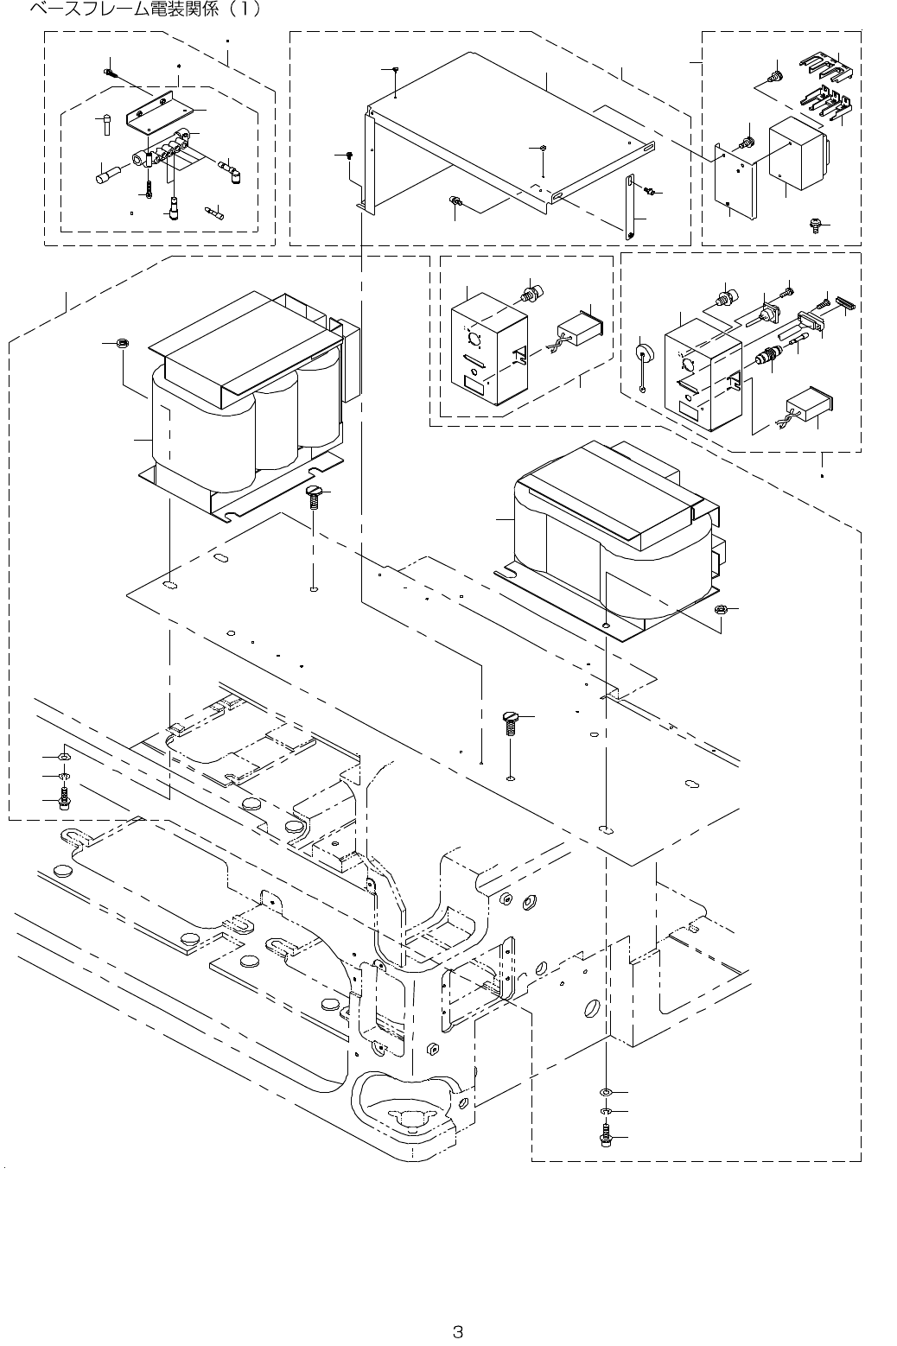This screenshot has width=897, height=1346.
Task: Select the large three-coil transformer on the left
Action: (246, 397)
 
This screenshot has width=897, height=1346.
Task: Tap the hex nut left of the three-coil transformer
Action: (122, 343)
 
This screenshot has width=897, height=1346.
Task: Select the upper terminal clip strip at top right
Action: (825, 67)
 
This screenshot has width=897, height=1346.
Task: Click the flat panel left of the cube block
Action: (737, 181)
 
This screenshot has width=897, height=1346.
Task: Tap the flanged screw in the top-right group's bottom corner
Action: (814, 225)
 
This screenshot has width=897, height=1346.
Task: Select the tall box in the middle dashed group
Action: (488, 346)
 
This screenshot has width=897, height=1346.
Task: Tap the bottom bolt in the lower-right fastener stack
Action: (606, 1139)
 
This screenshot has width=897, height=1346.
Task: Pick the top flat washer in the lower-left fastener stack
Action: (63, 757)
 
